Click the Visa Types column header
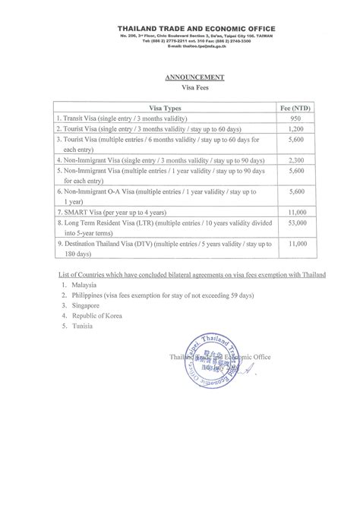[163, 109]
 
